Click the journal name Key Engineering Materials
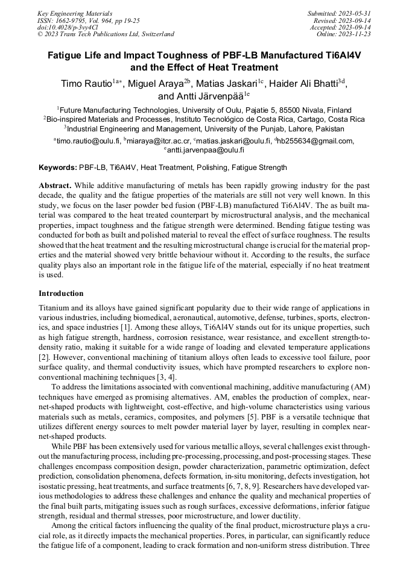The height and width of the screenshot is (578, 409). (x=75, y=13)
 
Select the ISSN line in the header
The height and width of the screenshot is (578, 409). (x=88, y=20)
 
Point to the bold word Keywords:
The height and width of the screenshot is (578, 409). (x=58, y=168)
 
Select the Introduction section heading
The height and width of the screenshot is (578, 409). (x=61, y=294)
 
